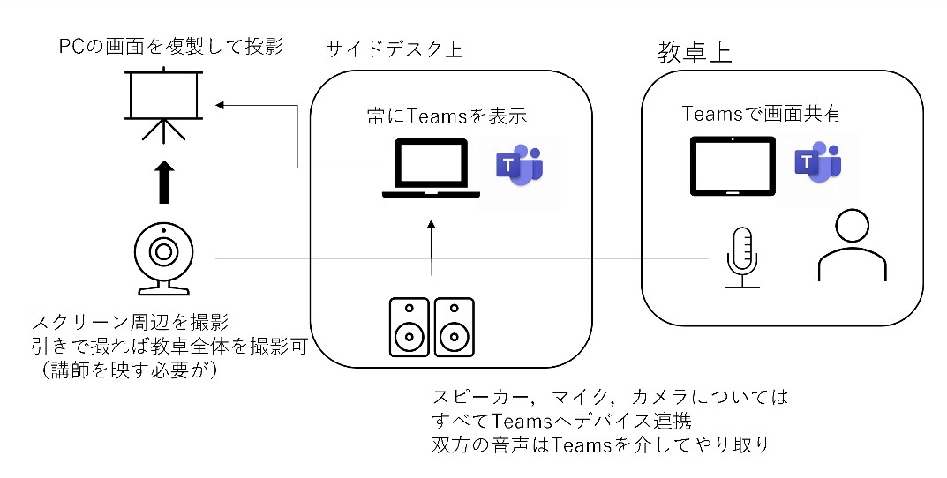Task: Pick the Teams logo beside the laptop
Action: tap(520, 164)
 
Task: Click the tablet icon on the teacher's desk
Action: tap(732, 165)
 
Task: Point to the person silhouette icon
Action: tap(851, 246)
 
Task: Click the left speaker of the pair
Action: tap(409, 326)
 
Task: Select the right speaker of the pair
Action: tap(455, 326)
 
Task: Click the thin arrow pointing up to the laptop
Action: tap(432, 247)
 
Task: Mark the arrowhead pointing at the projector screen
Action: tap(221, 105)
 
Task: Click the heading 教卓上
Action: tap(694, 53)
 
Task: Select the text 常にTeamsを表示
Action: tap(447, 116)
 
